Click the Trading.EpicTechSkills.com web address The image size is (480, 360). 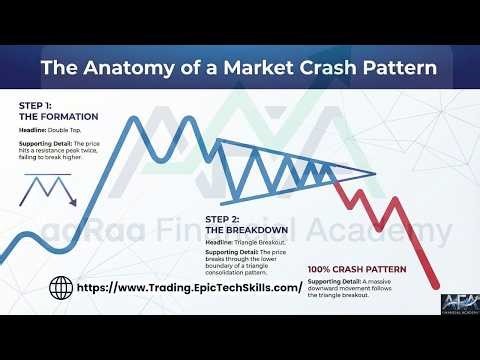click(x=190, y=287)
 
